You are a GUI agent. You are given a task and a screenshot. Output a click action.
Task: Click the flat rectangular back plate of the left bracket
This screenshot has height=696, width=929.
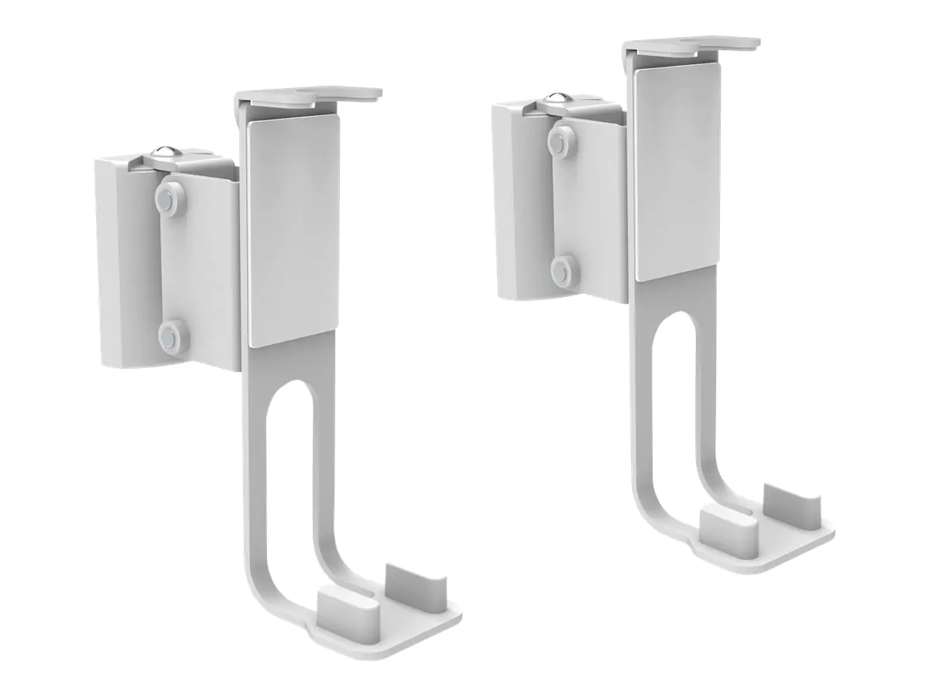[293, 232]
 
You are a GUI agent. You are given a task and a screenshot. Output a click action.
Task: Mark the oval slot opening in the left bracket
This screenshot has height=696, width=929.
[290, 464]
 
